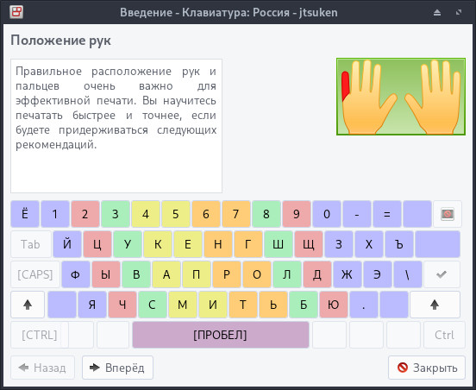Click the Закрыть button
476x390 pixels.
(x=427, y=368)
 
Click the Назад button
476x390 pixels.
(x=42, y=368)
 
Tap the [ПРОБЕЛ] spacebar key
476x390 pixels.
(x=220, y=335)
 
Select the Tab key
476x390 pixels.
(x=30, y=244)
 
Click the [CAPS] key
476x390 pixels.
(x=34, y=274)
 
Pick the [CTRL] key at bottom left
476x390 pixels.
(x=39, y=335)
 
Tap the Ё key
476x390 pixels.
(x=24, y=214)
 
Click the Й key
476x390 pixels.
(x=66, y=244)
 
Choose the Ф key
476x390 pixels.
(x=76, y=274)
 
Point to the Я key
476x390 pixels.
(x=91, y=305)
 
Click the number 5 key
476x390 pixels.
(x=176, y=214)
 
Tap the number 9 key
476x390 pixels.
(x=297, y=214)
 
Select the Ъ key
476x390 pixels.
(x=399, y=244)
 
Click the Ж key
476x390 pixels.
(x=348, y=274)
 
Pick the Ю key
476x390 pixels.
(x=334, y=305)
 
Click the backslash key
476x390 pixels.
(x=408, y=274)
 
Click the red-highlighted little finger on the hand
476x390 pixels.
(x=346, y=85)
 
